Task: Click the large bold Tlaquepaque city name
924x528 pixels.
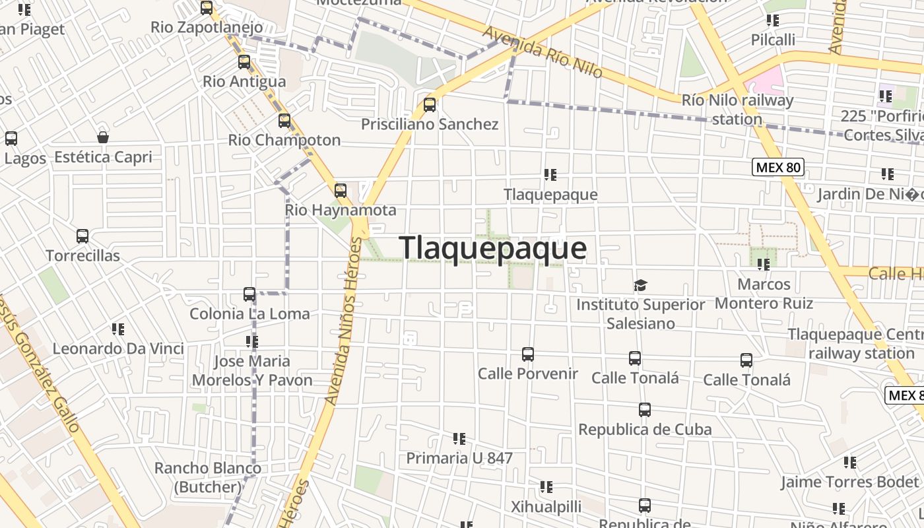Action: click(492, 248)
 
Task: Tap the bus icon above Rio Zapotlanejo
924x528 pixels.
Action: click(207, 8)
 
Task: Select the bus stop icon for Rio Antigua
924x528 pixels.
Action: click(244, 62)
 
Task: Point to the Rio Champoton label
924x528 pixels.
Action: click(284, 140)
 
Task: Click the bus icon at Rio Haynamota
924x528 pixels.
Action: click(341, 191)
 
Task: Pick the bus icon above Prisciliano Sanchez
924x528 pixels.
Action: click(430, 104)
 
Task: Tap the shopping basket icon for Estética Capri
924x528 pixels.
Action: click(103, 137)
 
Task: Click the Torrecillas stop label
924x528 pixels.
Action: click(82, 255)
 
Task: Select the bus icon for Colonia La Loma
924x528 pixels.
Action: click(249, 294)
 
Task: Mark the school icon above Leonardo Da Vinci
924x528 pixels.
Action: click(118, 329)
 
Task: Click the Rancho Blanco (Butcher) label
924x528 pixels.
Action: click(207, 477)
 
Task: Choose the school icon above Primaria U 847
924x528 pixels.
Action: click(459, 438)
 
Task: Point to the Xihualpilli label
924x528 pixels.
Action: click(546, 506)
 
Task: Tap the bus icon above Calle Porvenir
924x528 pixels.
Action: click(528, 354)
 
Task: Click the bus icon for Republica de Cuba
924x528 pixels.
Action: click(645, 410)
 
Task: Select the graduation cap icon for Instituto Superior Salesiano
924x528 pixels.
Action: click(640, 285)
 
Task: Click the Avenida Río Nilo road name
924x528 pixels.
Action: click(543, 51)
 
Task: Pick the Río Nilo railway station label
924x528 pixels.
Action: click(737, 110)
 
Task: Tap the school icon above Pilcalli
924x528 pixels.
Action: click(773, 20)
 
